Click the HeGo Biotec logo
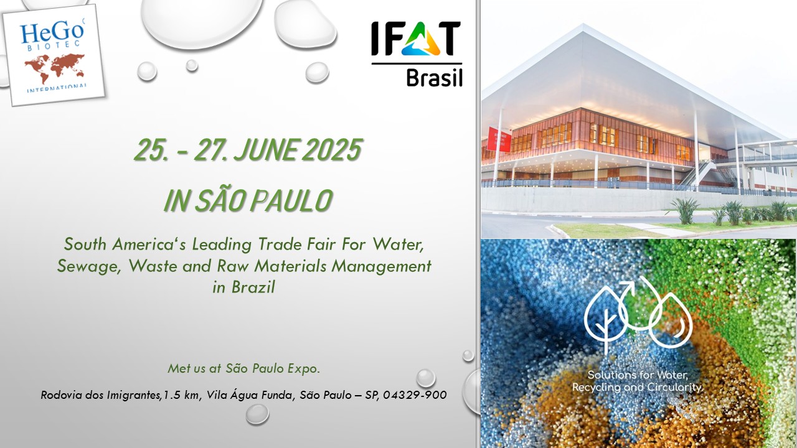pyautogui.click(x=54, y=55)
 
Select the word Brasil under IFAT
pyautogui.click(x=434, y=78)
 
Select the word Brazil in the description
pyautogui.click(x=253, y=287)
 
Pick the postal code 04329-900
pyautogui.click(x=415, y=395)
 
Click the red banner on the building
pyautogui.click(x=499, y=139)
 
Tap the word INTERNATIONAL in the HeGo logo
pyautogui.click(x=57, y=88)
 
